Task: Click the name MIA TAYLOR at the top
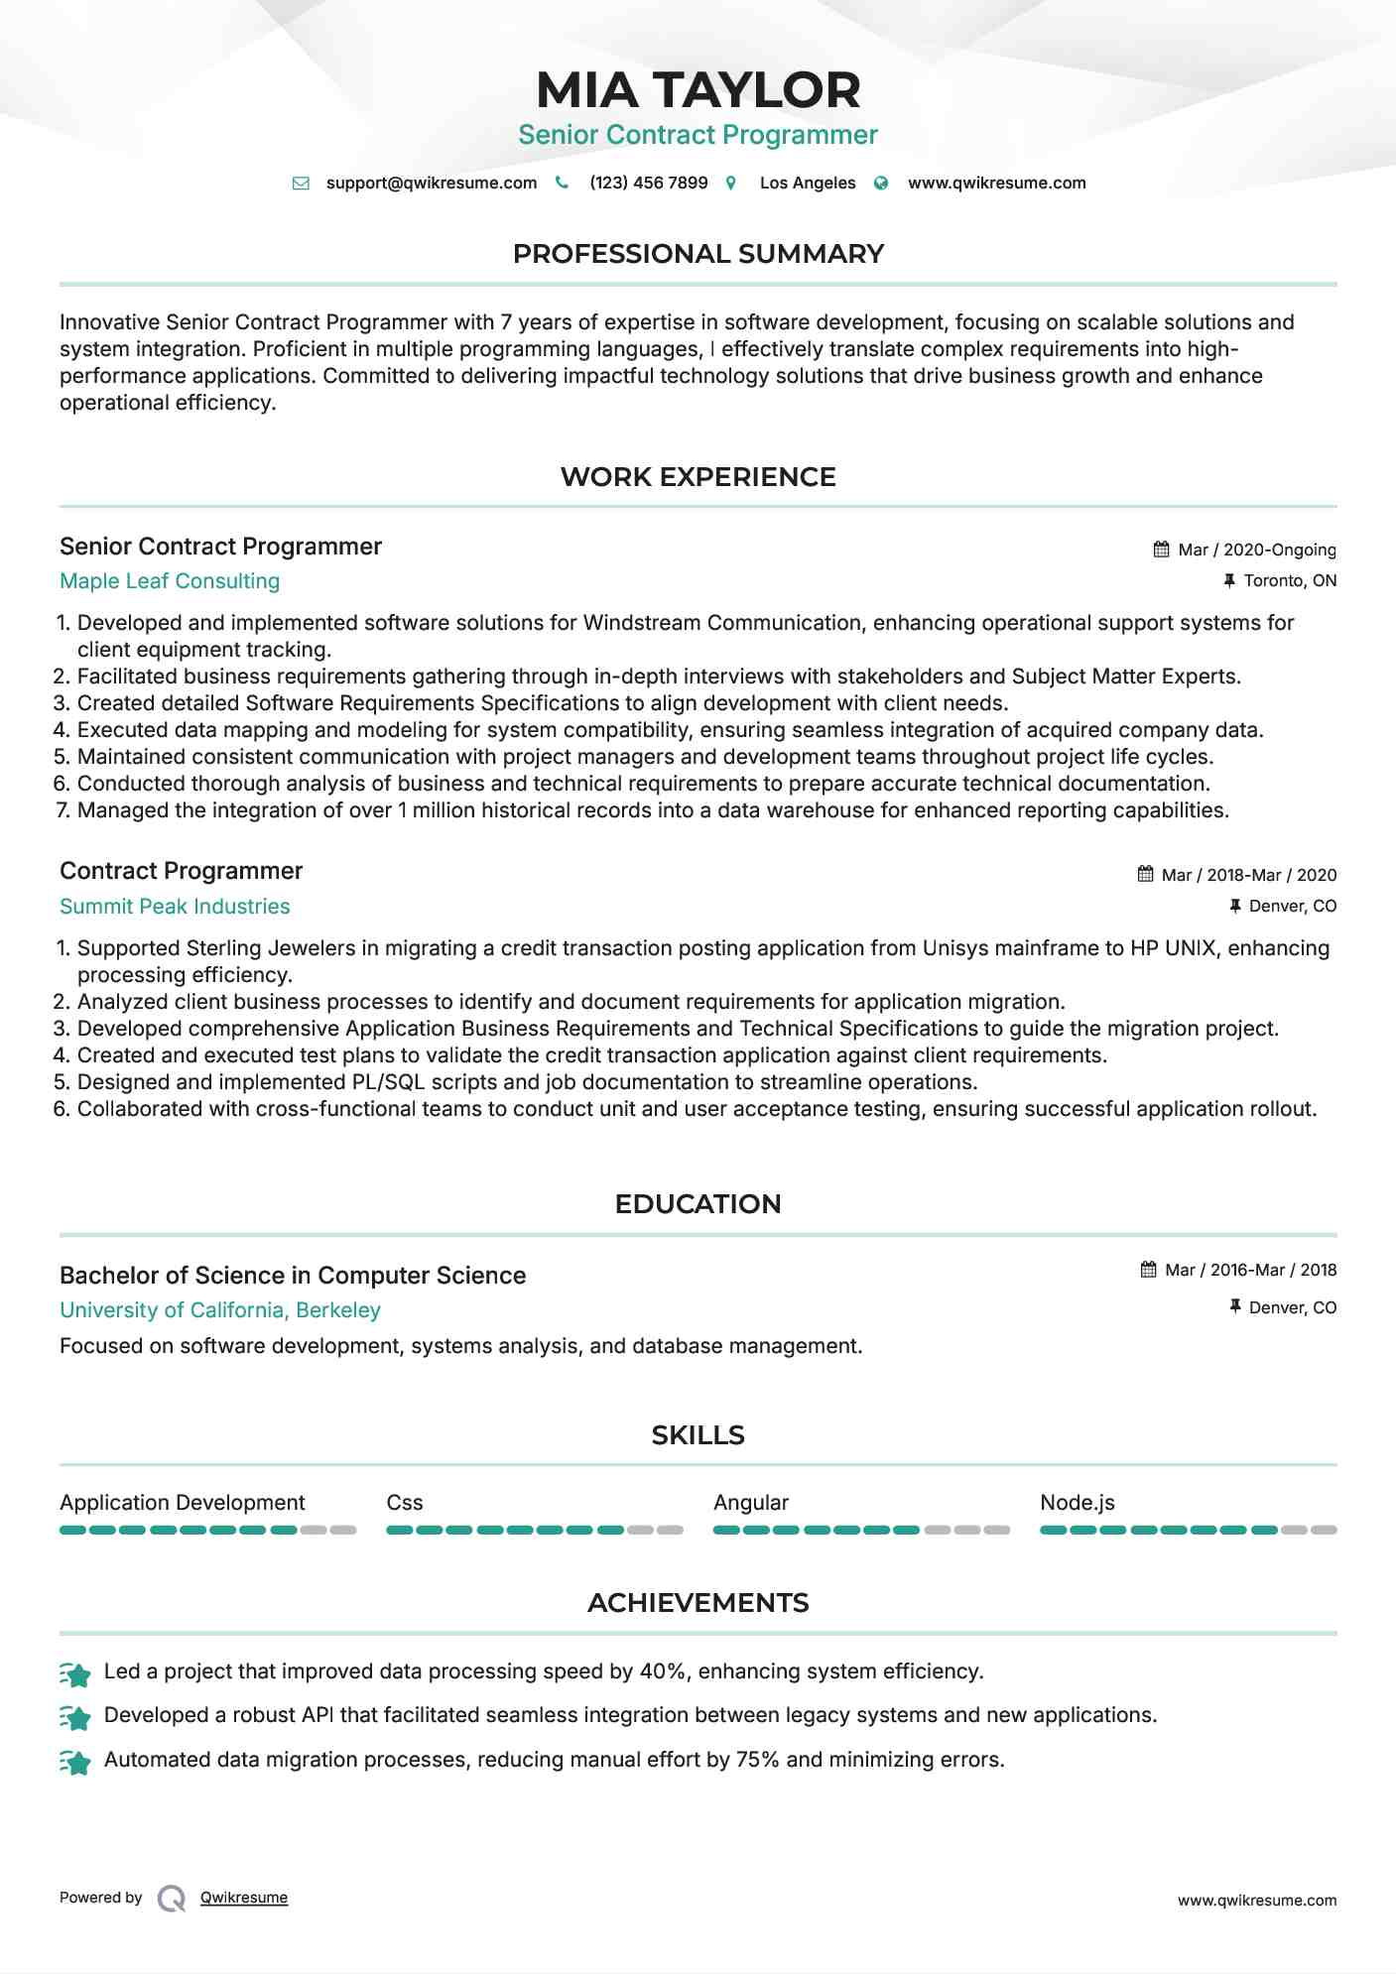tap(698, 90)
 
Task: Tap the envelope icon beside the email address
tap(301, 184)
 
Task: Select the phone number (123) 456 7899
tap(648, 184)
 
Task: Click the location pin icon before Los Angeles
tap(731, 184)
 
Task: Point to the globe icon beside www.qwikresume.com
tap(881, 184)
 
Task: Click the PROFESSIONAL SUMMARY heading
tap(698, 254)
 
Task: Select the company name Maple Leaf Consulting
tap(170, 581)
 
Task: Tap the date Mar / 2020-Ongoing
tap(1256, 550)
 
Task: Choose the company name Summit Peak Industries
tap(175, 907)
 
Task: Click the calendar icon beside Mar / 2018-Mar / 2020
tap(1145, 874)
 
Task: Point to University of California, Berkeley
tap(220, 1310)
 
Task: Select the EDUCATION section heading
tap(698, 1204)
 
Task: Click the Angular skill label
tap(751, 1503)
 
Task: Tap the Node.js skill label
tap(1077, 1503)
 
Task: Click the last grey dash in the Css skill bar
tap(671, 1530)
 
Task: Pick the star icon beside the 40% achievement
tap(75, 1674)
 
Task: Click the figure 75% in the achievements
tap(757, 1760)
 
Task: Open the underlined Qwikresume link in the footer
tap(244, 1898)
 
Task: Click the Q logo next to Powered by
tap(172, 1899)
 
